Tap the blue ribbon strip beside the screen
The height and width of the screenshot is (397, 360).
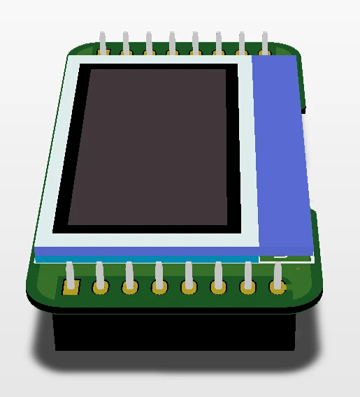[x=280, y=154]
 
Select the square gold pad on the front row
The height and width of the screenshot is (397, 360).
[x=71, y=286]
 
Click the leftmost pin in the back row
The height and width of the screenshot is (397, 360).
[x=103, y=43]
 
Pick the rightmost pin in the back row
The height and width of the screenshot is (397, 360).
[x=265, y=43]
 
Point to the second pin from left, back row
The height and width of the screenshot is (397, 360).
[x=126, y=43]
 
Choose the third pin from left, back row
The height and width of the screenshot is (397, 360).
[x=149, y=43]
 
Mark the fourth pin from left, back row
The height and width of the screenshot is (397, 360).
[x=172, y=43]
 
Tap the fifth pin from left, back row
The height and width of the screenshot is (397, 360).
[x=195, y=43]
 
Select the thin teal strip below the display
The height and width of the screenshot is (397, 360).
[x=140, y=259]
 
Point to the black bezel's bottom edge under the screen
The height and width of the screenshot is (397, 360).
[x=147, y=230]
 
